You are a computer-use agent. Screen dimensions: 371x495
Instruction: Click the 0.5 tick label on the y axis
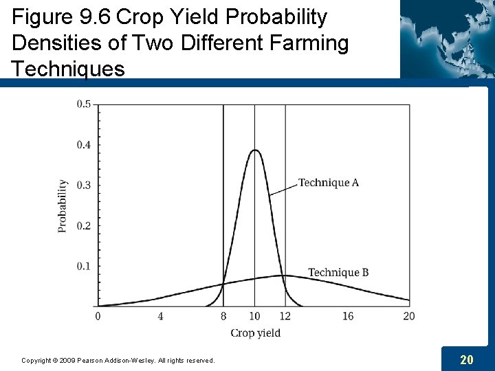pyautogui.click(x=83, y=104)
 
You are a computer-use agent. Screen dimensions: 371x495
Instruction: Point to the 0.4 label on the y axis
pyautogui.click(x=83, y=145)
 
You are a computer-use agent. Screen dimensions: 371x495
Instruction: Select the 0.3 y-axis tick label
pyautogui.click(x=83, y=185)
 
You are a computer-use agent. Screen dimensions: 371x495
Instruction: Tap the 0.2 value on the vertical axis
pyautogui.click(x=83, y=226)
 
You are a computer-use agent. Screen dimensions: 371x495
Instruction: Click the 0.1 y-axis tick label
pyautogui.click(x=83, y=267)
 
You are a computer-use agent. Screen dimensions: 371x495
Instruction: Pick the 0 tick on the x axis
pyautogui.click(x=98, y=316)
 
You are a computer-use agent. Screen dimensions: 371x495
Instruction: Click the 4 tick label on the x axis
pyautogui.click(x=160, y=316)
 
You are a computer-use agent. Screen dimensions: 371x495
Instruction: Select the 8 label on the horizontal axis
pyautogui.click(x=223, y=316)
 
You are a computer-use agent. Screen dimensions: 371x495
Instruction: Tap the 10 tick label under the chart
pyautogui.click(x=254, y=316)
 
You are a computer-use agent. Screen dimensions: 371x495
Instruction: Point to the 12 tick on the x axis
pyautogui.click(x=285, y=316)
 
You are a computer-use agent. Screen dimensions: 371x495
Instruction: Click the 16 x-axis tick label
pyautogui.click(x=348, y=316)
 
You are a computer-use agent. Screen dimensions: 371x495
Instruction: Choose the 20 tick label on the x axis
pyautogui.click(x=409, y=316)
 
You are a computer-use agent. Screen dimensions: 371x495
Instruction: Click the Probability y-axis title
pyautogui.click(x=63, y=205)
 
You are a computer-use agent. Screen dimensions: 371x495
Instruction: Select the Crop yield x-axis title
pyautogui.click(x=255, y=333)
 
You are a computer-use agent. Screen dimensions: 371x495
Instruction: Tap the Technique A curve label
pyautogui.click(x=329, y=183)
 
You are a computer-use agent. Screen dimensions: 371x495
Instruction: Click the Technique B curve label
pyautogui.click(x=338, y=273)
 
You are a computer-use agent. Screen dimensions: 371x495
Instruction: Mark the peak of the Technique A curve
pyautogui.click(x=254, y=150)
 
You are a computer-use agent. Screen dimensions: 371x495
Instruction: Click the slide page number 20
pyautogui.click(x=466, y=359)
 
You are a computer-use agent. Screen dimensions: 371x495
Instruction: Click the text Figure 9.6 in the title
pyautogui.click(x=62, y=16)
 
